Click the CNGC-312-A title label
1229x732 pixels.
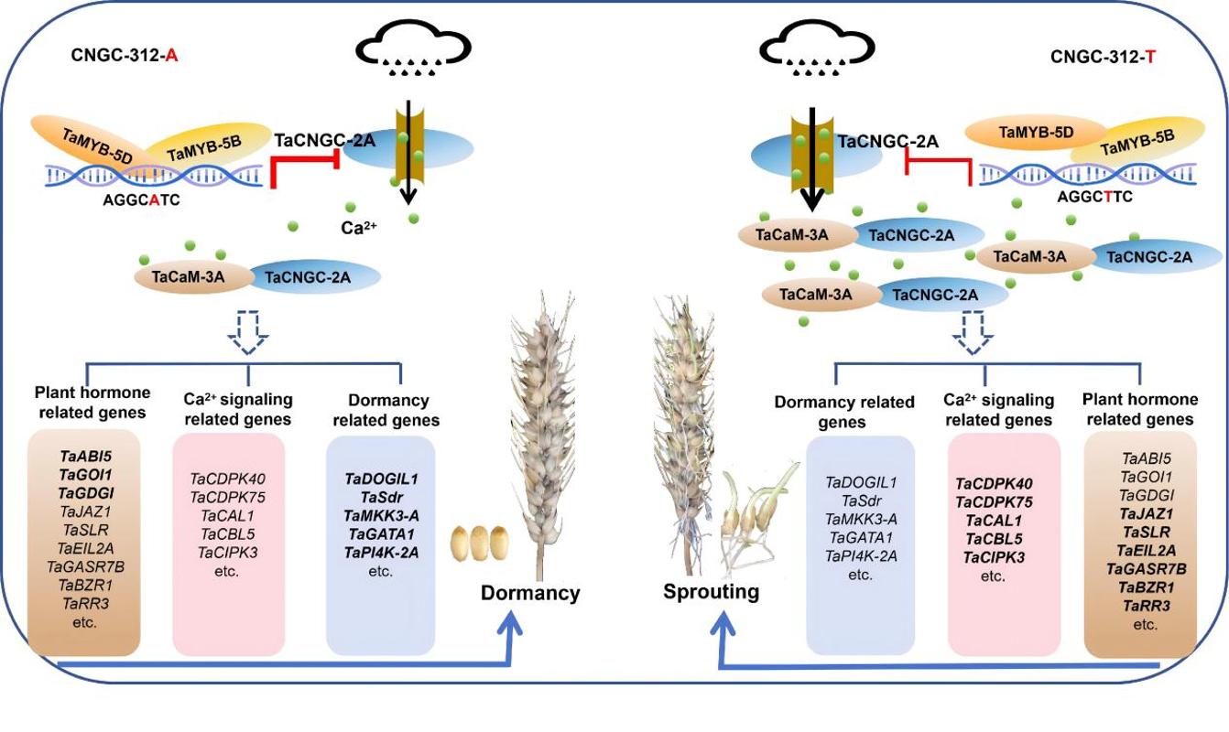125,55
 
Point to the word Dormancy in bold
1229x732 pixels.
530,593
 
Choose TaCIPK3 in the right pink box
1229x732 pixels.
1004,557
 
